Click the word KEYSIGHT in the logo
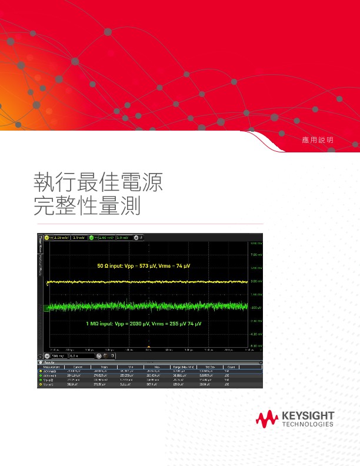308,416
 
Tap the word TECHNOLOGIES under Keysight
308,424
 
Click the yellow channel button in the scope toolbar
47,238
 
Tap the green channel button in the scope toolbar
92,238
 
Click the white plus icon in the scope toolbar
136,238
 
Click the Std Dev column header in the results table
205,366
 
